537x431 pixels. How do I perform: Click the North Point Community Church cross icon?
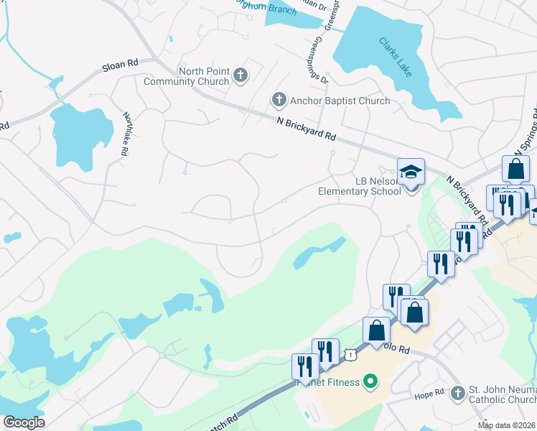pos(241,74)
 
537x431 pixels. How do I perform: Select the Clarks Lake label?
pos(396,53)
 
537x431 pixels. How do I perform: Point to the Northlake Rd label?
pos(126,134)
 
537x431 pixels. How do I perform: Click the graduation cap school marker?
pos(411,172)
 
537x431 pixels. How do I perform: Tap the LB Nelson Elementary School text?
pos(360,186)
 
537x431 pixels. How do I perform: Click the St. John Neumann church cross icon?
pos(458,392)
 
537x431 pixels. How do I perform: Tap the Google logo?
pos(24,422)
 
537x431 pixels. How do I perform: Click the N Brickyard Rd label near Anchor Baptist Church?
pos(307,129)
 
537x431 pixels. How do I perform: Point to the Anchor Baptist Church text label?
pos(340,101)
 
